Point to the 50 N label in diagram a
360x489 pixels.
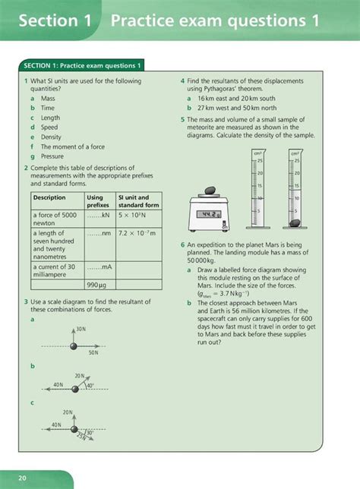93,352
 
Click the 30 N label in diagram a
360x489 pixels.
81,330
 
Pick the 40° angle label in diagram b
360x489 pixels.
90,386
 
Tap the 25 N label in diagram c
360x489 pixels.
81,438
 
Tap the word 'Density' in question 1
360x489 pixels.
52,137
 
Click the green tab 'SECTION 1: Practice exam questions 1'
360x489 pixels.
83,66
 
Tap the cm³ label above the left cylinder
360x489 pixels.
258,153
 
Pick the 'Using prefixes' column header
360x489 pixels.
98,201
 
